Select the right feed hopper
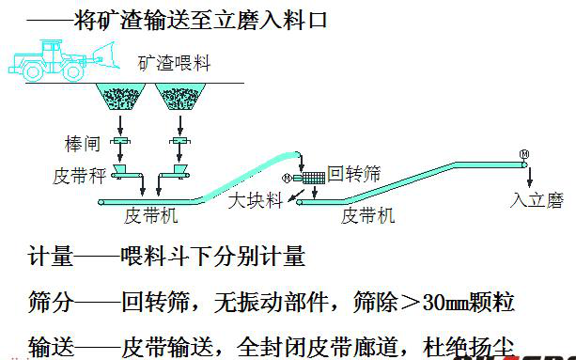point(178,99)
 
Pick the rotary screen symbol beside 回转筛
point(307,177)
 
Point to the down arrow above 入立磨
point(531,177)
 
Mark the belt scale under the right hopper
point(177,172)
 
